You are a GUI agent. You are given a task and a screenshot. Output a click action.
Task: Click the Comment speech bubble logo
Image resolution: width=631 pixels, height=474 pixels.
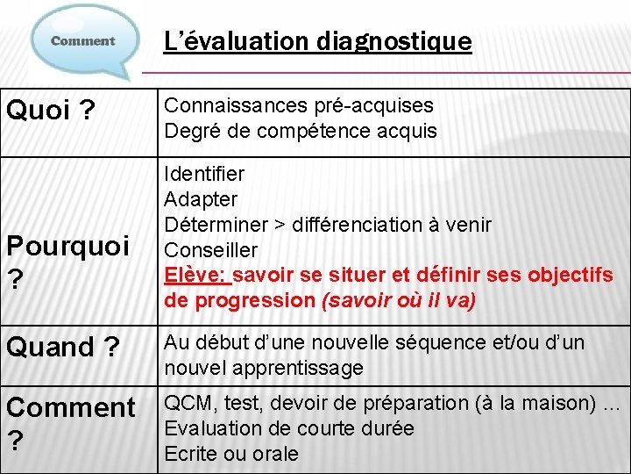click(x=84, y=40)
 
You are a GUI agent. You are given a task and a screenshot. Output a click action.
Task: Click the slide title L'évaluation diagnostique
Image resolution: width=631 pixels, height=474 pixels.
click(x=318, y=40)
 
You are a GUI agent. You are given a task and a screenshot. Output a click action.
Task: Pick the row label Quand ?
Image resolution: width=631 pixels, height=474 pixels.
click(x=63, y=348)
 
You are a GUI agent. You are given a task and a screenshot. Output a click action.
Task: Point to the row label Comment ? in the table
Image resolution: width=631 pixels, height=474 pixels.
click(x=70, y=421)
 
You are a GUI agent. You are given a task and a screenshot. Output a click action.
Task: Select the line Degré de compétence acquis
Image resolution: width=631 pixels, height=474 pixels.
click(x=301, y=132)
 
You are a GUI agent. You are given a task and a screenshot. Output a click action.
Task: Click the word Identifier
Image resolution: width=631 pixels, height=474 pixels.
click(x=204, y=174)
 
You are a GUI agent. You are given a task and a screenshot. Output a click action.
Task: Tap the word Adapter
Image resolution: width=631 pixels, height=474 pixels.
click(x=201, y=199)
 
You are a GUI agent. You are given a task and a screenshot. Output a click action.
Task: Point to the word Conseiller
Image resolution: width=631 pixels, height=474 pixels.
click(x=211, y=250)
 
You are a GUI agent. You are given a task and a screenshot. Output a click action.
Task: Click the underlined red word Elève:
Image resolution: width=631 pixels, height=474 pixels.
click(x=196, y=276)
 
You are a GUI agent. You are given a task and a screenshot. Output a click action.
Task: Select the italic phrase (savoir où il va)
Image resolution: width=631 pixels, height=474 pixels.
click(x=399, y=301)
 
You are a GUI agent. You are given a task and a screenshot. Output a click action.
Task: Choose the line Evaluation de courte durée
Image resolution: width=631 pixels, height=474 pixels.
click(x=289, y=428)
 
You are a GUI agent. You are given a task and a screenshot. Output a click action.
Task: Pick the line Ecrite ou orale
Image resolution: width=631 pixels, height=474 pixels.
click(x=231, y=454)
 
